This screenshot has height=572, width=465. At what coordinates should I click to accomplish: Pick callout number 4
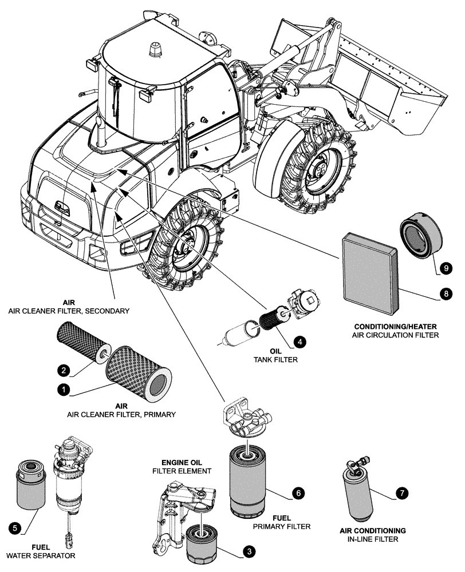298,341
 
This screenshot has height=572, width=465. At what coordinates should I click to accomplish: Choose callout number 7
403,491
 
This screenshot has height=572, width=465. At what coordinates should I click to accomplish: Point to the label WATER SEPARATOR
41,555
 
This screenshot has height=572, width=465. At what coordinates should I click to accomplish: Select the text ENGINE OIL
182,462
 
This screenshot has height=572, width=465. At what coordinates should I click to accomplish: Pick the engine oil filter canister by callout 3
202,545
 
